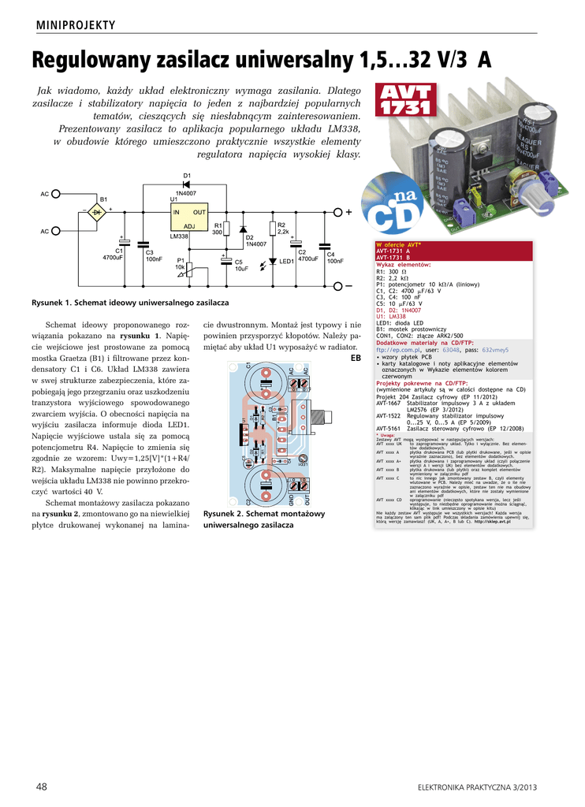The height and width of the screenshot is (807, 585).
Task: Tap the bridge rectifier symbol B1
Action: (x=97, y=212)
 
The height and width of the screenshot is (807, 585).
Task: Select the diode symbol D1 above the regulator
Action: (x=188, y=184)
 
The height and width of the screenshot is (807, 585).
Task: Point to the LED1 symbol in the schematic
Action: (x=272, y=261)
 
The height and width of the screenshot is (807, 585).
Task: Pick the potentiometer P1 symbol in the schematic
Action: (x=186, y=268)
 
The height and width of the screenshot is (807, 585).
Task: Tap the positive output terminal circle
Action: (x=338, y=212)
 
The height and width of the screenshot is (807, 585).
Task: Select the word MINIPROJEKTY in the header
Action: (x=76, y=25)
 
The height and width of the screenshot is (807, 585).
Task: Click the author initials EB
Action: (x=355, y=358)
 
